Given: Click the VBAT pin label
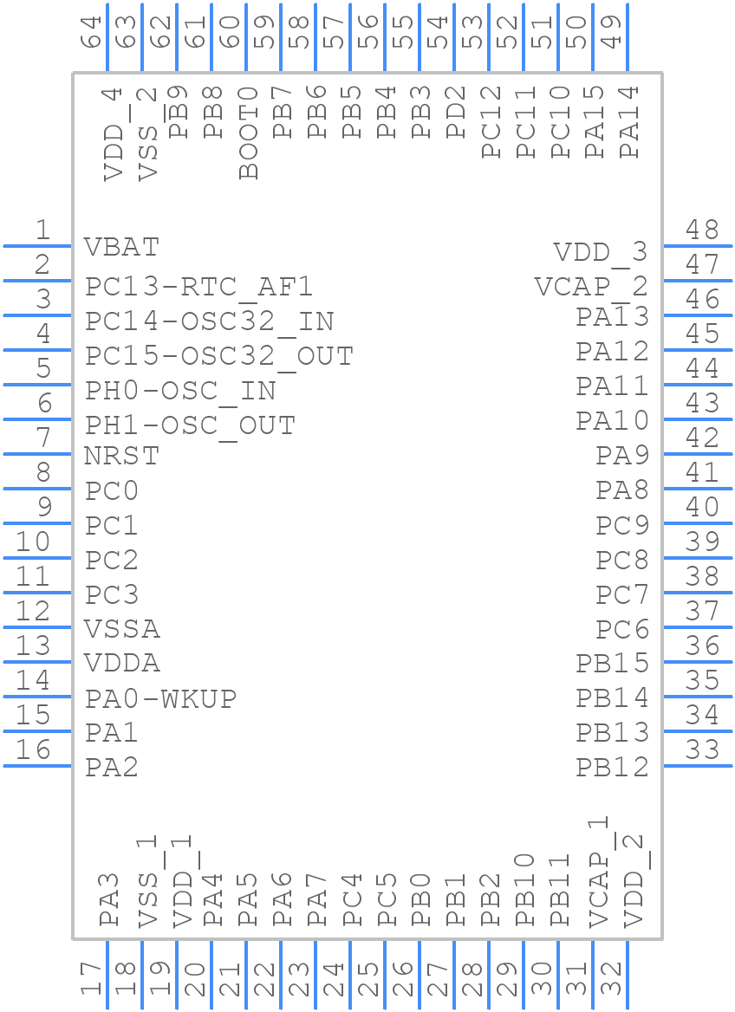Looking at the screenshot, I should pyautogui.click(x=122, y=247).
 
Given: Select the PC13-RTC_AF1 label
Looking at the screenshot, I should pyautogui.click(x=198, y=286).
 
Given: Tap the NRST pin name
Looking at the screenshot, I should pyautogui.click(x=122, y=455).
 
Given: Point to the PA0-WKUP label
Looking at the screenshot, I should pyautogui.click(x=160, y=697).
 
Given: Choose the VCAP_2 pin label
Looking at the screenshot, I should pyautogui.click(x=591, y=287).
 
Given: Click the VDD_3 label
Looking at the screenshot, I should pyautogui.click(x=601, y=252).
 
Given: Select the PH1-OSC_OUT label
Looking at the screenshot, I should pyautogui.click(x=190, y=425).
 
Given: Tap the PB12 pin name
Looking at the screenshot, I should pyautogui.click(x=612, y=767).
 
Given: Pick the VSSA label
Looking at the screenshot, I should pyautogui.click(x=122, y=628).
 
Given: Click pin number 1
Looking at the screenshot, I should pyautogui.click(x=42, y=230).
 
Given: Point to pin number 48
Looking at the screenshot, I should pyautogui.click(x=702, y=230).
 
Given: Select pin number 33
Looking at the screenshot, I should pyautogui.click(x=702, y=750).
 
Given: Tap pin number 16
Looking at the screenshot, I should pyautogui.click(x=33, y=750).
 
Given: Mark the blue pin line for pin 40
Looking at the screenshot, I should pyautogui.click(x=698, y=523).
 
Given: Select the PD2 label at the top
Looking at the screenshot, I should pyautogui.click(x=457, y=112).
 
